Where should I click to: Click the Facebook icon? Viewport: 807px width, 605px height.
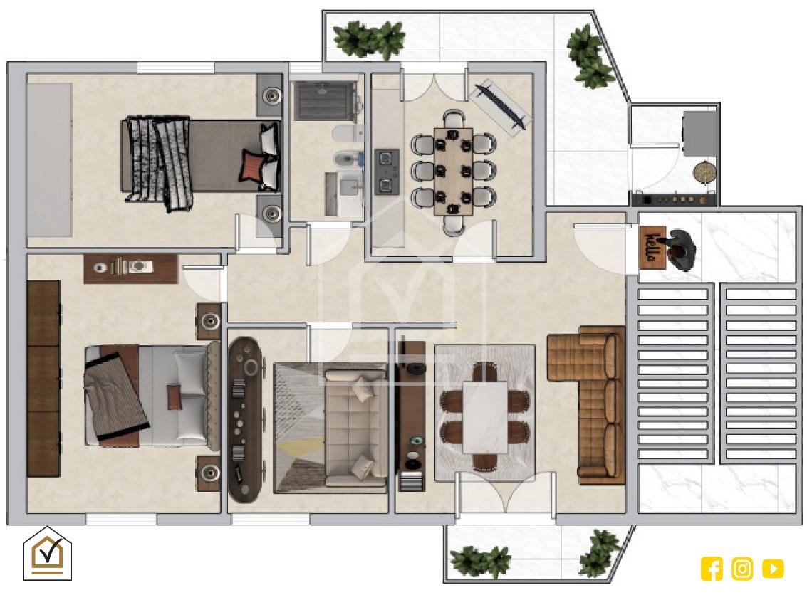(712, 569)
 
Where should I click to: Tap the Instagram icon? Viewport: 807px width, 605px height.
(742, 569)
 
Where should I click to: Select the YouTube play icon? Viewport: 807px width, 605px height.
(773, 569)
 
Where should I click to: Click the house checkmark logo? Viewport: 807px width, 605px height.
(47, 554)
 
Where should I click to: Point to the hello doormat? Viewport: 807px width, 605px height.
(652, 247)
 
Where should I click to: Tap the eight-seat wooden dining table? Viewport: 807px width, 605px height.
(454, 172)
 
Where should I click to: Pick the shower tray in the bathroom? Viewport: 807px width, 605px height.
(324, 101)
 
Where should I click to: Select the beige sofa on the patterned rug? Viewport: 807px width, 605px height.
(355, 426)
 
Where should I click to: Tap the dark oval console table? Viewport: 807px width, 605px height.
(245, 419)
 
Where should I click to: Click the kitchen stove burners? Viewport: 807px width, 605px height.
(387, 172)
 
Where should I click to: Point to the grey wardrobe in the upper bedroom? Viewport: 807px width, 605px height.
(49, 160)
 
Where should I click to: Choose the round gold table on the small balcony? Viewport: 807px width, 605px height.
(704, 172)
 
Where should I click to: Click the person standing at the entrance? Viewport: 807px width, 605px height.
(680, 250)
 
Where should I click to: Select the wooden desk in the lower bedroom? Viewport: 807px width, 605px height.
(131, 268)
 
